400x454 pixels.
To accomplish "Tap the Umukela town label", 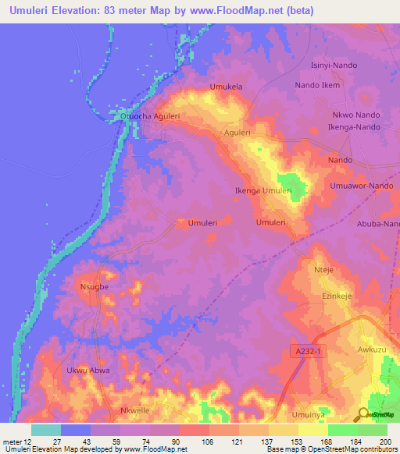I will click(227, 87).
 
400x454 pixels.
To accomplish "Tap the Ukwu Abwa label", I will click(88, 371).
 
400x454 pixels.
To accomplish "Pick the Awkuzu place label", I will click(372, 350).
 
